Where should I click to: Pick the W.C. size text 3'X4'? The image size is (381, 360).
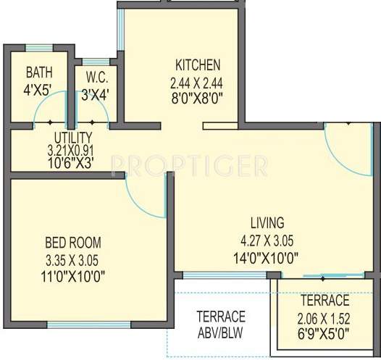96,92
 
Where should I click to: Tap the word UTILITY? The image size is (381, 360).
73,137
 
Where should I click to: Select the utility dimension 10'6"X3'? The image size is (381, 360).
73,163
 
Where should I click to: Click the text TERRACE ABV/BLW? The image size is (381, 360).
221,325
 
